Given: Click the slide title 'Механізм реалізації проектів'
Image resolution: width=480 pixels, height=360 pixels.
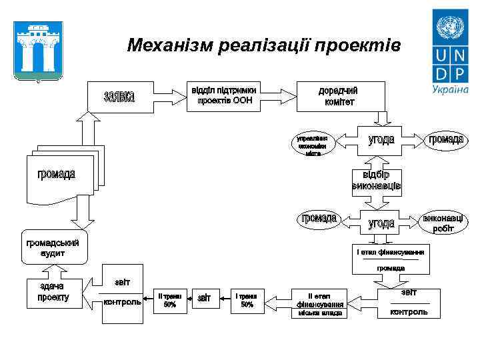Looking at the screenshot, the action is click(264, 45).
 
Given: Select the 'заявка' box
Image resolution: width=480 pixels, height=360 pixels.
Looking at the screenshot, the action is click(120, 97).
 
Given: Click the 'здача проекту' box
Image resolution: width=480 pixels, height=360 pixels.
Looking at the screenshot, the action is click(53, 293).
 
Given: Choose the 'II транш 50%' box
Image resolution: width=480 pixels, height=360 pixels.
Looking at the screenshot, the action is click(169, 300).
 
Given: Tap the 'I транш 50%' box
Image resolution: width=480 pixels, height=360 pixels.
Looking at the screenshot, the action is click(247, 300).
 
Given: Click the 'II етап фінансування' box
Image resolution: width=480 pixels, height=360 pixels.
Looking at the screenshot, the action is click(320, 303).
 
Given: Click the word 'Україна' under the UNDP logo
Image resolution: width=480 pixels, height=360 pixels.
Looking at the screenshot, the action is click(450, 89).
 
